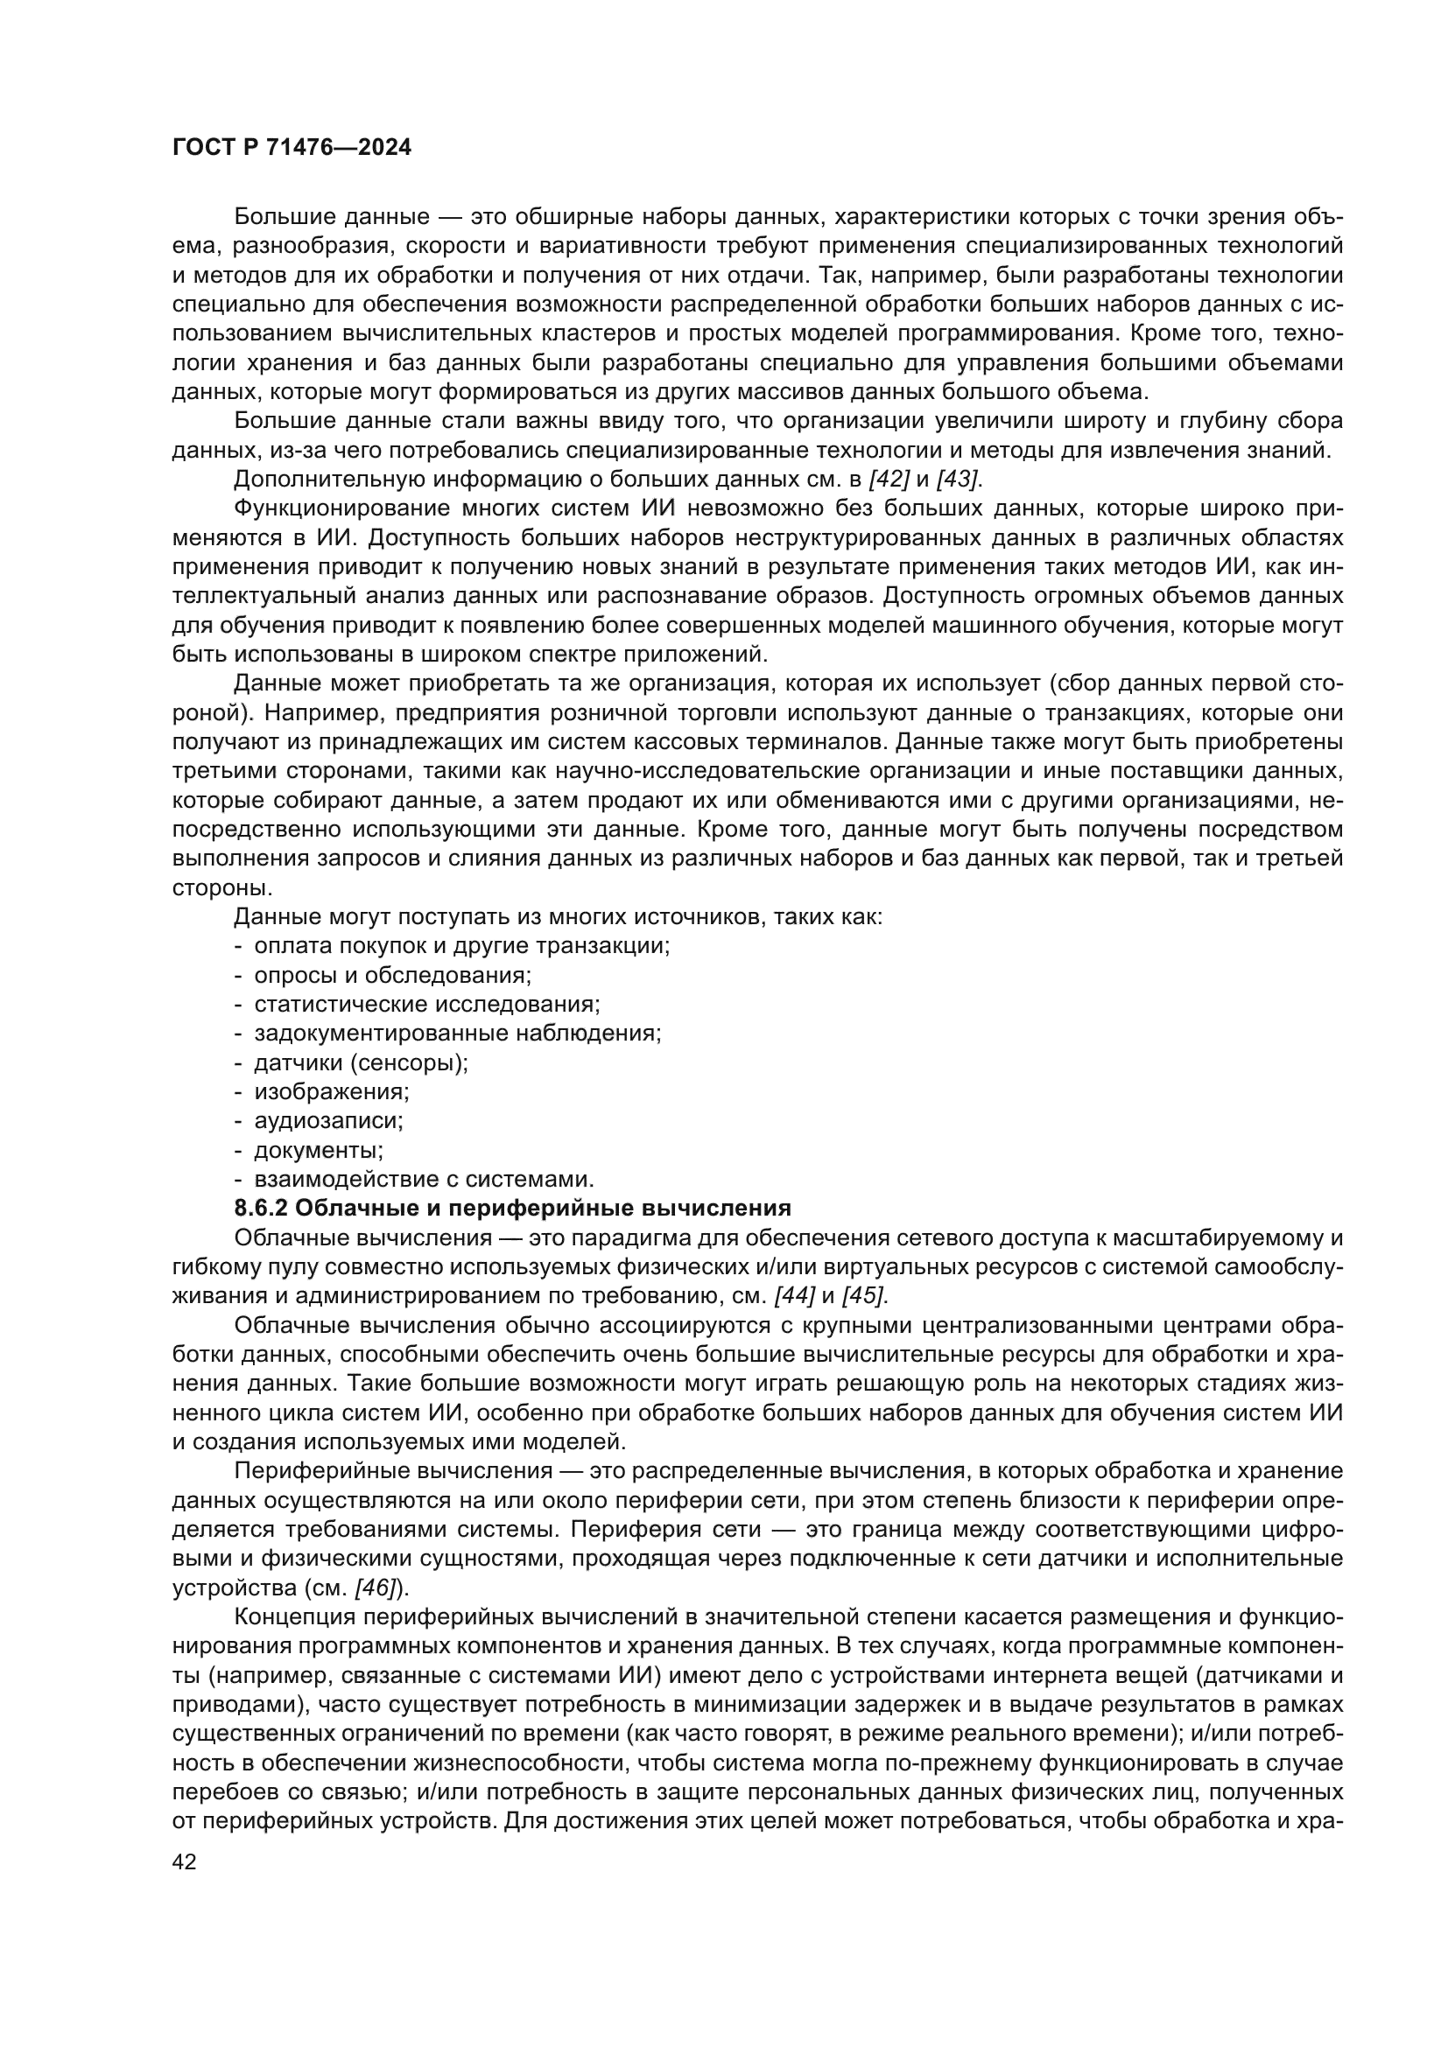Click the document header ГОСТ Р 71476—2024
[x=292, y=148]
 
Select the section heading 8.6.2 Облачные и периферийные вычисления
[x=513, y=1208]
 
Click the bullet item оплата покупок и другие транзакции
[x=462, y=946]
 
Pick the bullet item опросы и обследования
[x=392, y=974]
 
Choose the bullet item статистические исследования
[x=427, y=1004]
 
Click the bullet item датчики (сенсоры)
[x=361, y=1062]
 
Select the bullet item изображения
[x=332, y=1091]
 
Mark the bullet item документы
[x=319, y=1149]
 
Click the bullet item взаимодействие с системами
[x=424, y=1179]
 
